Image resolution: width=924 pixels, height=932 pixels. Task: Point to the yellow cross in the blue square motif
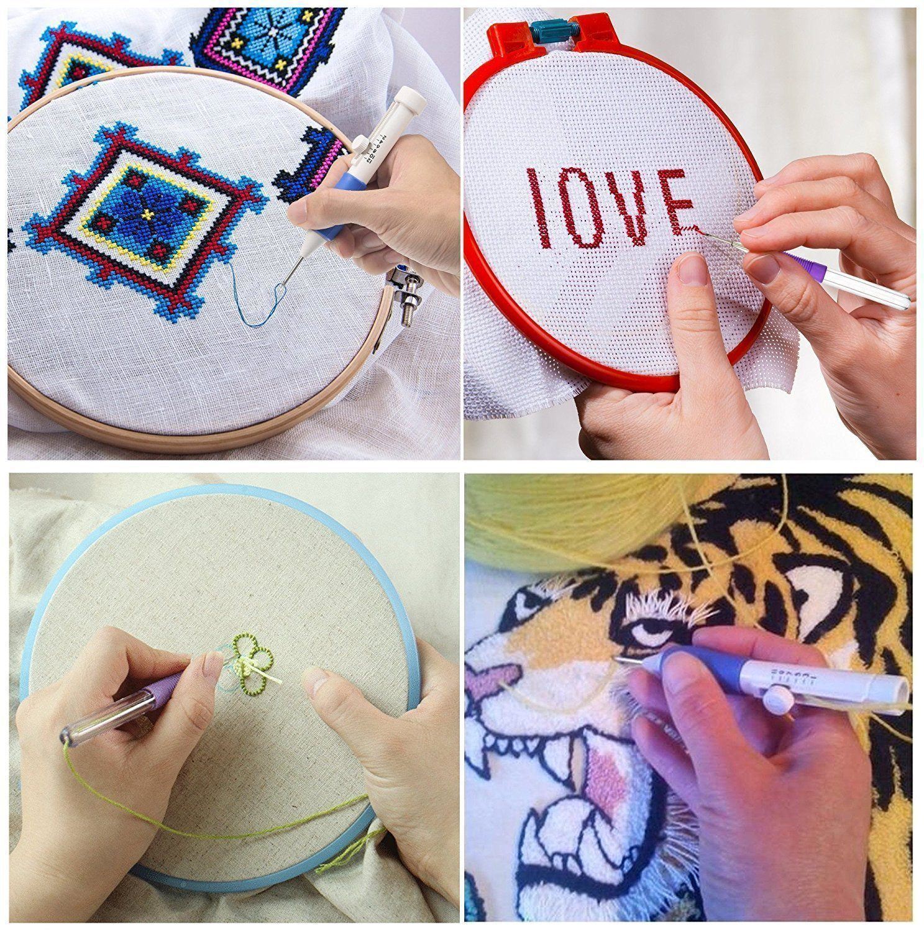(147, 213)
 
